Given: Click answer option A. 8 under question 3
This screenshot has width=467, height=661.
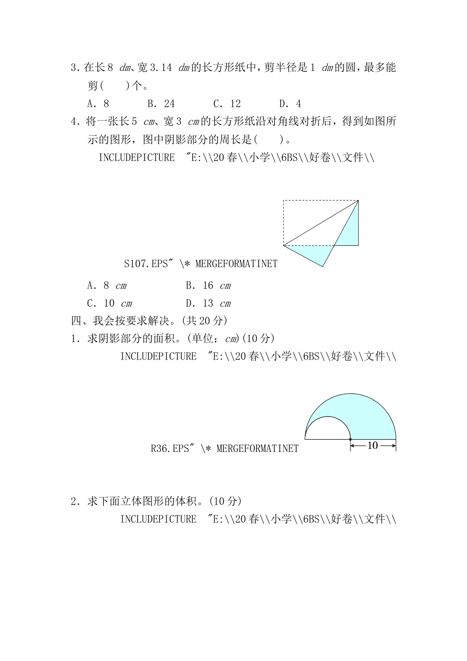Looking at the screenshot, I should tap(98, 104).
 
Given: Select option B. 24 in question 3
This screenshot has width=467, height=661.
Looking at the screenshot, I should tap(161, 104).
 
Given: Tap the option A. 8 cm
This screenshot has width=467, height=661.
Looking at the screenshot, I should tap(107, 286).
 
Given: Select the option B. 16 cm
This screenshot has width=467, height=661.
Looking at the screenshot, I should tap(208, 286).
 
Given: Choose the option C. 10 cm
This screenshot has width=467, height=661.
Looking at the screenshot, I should tap(109, 303).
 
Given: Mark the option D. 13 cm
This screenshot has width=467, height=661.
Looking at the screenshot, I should tap(208, 303).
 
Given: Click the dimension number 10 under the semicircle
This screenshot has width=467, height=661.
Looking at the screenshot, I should tap(372, 446).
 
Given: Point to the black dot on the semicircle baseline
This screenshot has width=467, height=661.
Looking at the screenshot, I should tap(350, 439).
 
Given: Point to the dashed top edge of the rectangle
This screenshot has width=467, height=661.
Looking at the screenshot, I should tap(321, 201).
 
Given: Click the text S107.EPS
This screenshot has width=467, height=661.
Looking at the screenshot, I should tap(146, 264).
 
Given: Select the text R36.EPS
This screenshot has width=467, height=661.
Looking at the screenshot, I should tap(170, 449).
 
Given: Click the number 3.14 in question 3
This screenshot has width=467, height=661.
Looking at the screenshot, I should tap(160, 68).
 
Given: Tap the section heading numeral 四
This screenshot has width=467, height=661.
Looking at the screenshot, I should tap(76, 321).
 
